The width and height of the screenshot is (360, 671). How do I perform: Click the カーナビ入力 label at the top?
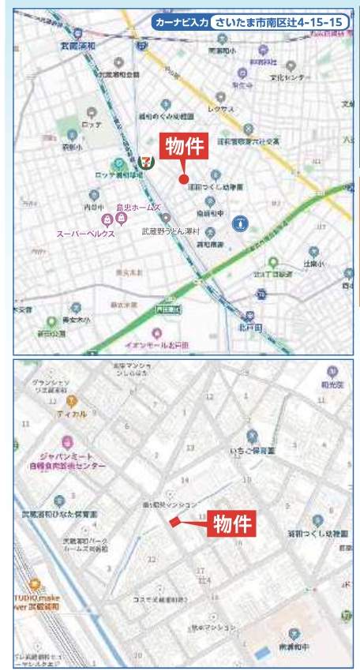(181, 22)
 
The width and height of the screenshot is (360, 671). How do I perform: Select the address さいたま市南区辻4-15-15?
(281, 22)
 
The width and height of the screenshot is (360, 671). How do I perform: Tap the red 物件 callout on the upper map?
(183, 147)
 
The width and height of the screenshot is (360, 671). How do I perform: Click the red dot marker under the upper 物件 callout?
(183, 180)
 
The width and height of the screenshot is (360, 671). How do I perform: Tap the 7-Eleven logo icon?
(144, 160)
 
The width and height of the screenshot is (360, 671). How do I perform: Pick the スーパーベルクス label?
(85, 234)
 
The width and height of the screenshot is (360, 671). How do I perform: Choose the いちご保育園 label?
(252, 450)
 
